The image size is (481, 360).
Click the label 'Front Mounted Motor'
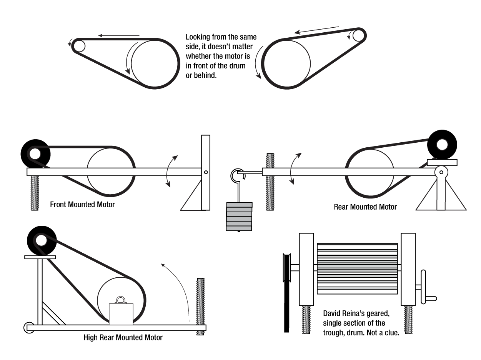pyautogui.click(x=82, y=205)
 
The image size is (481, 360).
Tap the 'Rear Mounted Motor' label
pyautogui.click(x=365, y=207)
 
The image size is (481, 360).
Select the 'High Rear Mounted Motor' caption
pyautogui.click(x=123, y=338)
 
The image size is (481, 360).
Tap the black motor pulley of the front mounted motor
pyautogui.click(x=35, y=154)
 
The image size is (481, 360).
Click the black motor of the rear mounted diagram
pyautogui.click(x=442, y=145)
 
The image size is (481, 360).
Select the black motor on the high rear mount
pyautogui.click(x=41, y=241)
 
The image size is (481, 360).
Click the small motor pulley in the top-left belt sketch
pyautogui.click(x=80, y=46)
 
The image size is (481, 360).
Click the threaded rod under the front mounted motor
pyautogui.click(x=35, y=193)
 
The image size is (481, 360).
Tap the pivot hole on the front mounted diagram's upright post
pyautogui.click(x=206, y=172)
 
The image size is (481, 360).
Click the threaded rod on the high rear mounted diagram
pyautogui.click(x=200, y=304)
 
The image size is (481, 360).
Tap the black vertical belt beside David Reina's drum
pyautogui.click(x=286, y=304)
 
